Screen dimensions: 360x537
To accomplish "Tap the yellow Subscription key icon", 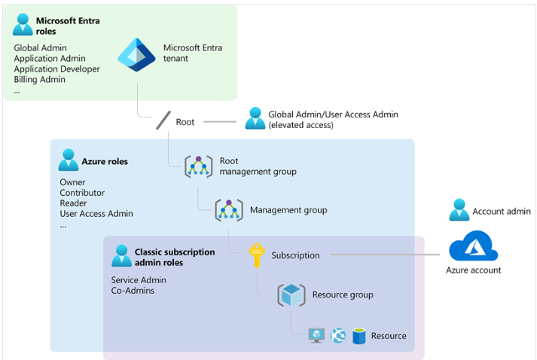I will (x=258, y=255).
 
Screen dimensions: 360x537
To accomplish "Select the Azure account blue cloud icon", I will (x=473, y=247).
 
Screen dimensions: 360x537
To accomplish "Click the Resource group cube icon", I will (x=291, y=295).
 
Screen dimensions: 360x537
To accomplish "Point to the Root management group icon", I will (x=199, y=166).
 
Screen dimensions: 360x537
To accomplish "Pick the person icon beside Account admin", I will (x=459, y=210).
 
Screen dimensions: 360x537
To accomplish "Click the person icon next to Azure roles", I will (x=69, y=160).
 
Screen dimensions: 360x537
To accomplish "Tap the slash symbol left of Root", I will (x=163, y=121).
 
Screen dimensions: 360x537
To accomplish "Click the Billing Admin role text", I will (x=39, y=80).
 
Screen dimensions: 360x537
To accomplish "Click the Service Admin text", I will (x=139, y=280).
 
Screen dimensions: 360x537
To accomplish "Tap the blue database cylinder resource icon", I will (x=359, y=336).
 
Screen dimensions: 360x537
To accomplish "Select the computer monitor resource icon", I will (x=317, y=336).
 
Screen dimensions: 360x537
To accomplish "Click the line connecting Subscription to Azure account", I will (x=384, y=255).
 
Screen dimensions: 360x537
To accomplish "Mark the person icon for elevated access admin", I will (x=255, y=117).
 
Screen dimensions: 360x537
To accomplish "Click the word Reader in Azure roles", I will (x=73, y=203).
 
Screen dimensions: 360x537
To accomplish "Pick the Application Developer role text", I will (x=56, y=69).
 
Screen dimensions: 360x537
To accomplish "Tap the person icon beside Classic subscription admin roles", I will (x=121, y=255).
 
